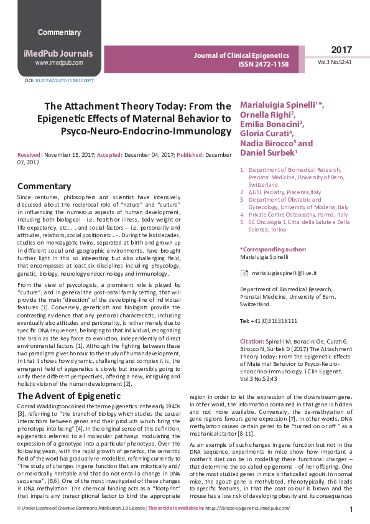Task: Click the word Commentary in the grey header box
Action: point(59,32)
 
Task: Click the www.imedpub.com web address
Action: point(59,63)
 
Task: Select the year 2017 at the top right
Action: point(341,50)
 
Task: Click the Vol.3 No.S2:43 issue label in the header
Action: point(335,63)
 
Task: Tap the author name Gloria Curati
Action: point(264,133)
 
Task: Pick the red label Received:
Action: point(30,154)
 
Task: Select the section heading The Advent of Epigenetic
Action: point(68,396)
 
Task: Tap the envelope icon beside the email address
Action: point(244,273)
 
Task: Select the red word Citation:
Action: point(252,342)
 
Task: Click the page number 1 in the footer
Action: point(351,510)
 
